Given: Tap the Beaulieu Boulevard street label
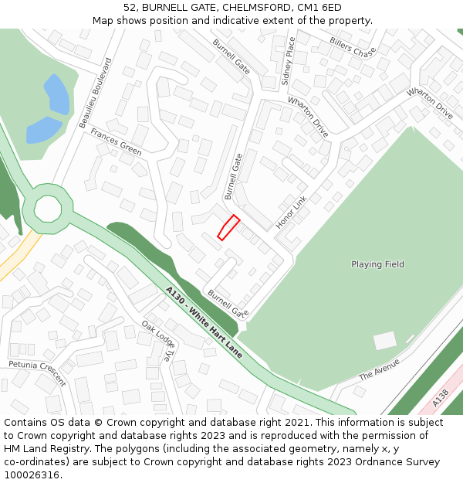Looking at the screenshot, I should coord(96,93).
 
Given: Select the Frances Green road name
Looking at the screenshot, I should coord(116,142).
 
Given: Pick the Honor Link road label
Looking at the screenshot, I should coord(291,211).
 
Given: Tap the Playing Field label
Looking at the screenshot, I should coord(377,264).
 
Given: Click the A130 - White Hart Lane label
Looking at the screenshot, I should coord(204,321).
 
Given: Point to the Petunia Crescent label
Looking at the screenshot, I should coord(37,373).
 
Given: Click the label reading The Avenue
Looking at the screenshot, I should coord(379,369).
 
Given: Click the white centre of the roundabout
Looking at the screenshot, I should coord(47,208).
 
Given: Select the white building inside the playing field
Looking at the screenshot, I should coord(384,340).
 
